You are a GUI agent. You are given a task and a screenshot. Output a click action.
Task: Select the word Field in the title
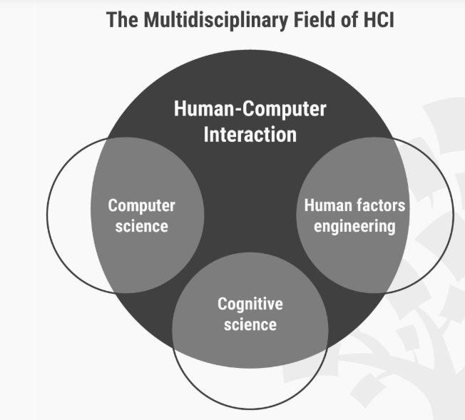pos(300,19)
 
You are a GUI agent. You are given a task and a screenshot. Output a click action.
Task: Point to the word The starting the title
pos(121,19)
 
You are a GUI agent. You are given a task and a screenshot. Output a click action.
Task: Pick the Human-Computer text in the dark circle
pos(250,109)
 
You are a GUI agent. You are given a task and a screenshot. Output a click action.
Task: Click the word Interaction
pos(250,134)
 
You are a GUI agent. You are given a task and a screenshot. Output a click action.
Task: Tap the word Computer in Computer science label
pos(141,205)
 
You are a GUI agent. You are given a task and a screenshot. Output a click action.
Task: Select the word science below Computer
pos(141,227)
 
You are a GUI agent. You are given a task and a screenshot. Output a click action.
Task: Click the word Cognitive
pos(250,304)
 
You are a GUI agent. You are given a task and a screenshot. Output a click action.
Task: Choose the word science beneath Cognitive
pos(250,325)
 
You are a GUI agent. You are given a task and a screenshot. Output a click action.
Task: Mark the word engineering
pos(354,227)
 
